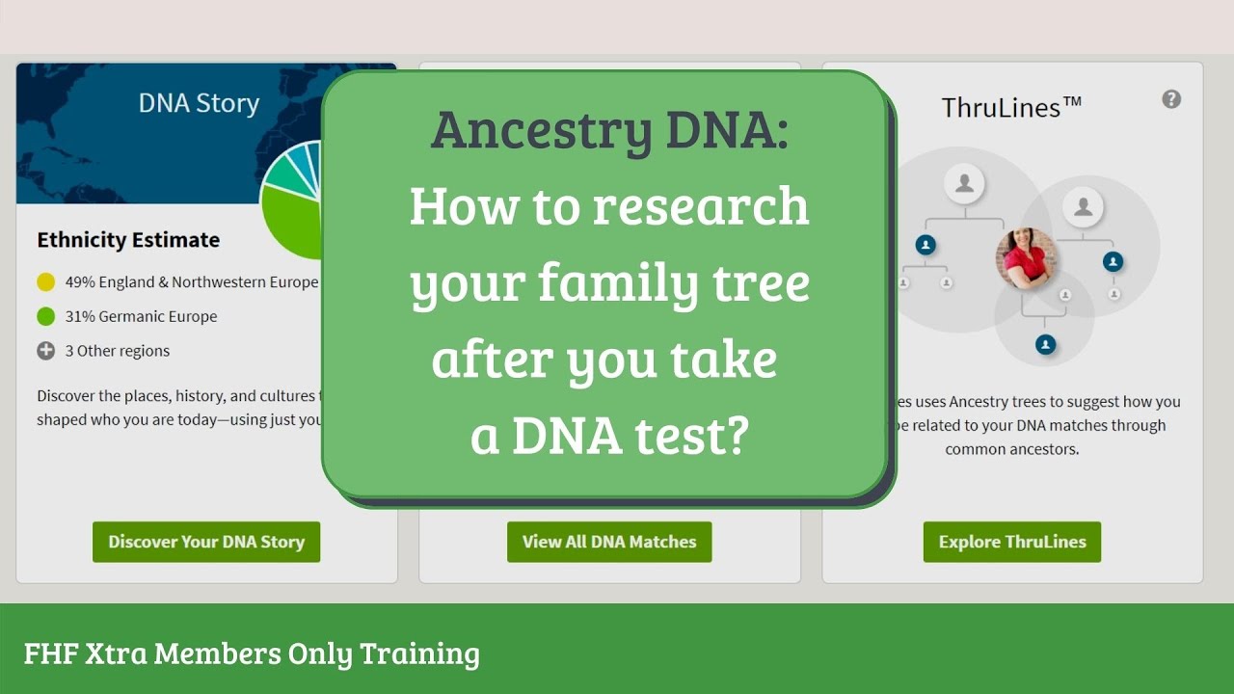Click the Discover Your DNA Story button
206,542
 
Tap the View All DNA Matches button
609,542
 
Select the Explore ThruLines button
1012,542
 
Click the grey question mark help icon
1171,99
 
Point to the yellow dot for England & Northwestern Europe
45,282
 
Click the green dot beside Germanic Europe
45,316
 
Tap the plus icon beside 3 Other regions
45,351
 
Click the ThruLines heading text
1011,107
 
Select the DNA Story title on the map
199,104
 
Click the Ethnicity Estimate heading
128,240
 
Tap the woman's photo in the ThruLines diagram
1027,258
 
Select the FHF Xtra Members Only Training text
252,654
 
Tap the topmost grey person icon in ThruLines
964,182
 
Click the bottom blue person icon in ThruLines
1045,344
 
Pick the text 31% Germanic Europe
141,316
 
